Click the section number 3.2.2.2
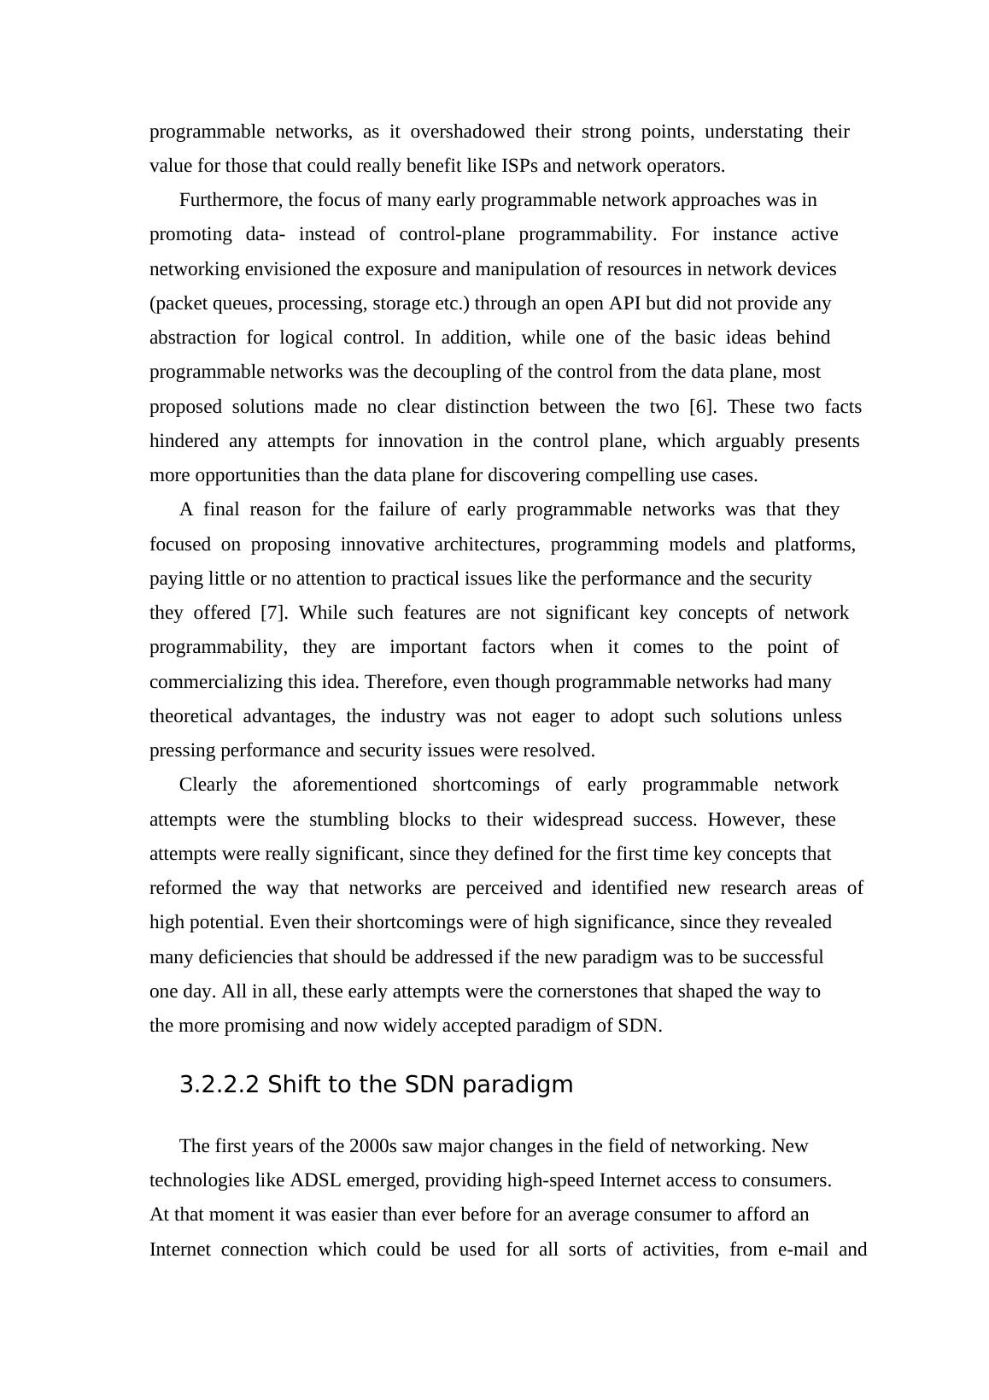pyautogui.click(x=219, y=1085)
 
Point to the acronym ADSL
pyautogui.click(x=316, y=1180)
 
